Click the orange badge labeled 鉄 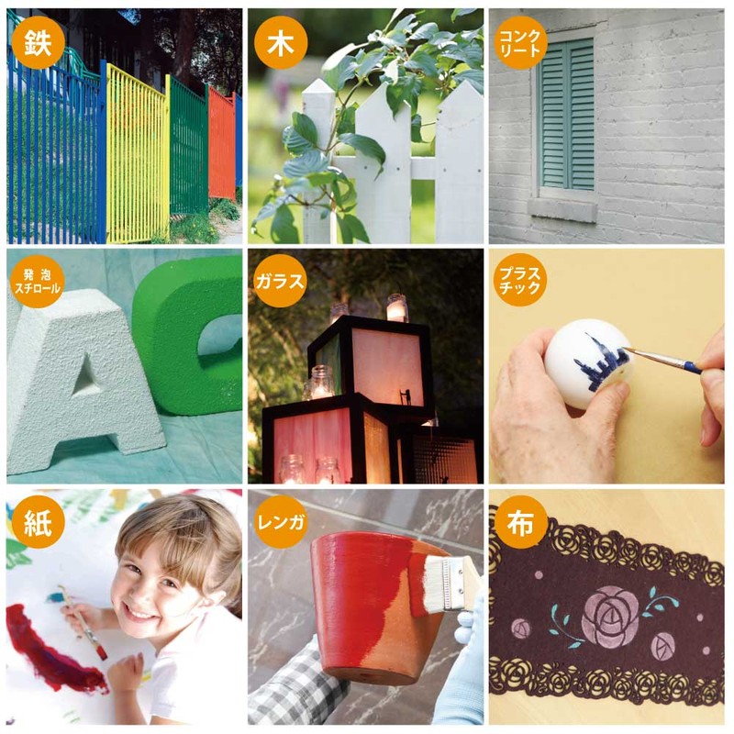[x=38, y=42]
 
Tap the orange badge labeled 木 [x=281, y=42]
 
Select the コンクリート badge [x=520, y=42]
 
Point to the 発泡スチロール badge [x=38, y=282]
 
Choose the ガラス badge [x=281, y=282]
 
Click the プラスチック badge [x=520, y=280]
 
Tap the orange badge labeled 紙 [x=38, y=522]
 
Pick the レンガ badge [x=281, y=522]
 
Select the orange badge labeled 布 [x=520, y=522]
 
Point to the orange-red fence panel [x=221, y=143]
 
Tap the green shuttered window [x=567, y=114]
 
